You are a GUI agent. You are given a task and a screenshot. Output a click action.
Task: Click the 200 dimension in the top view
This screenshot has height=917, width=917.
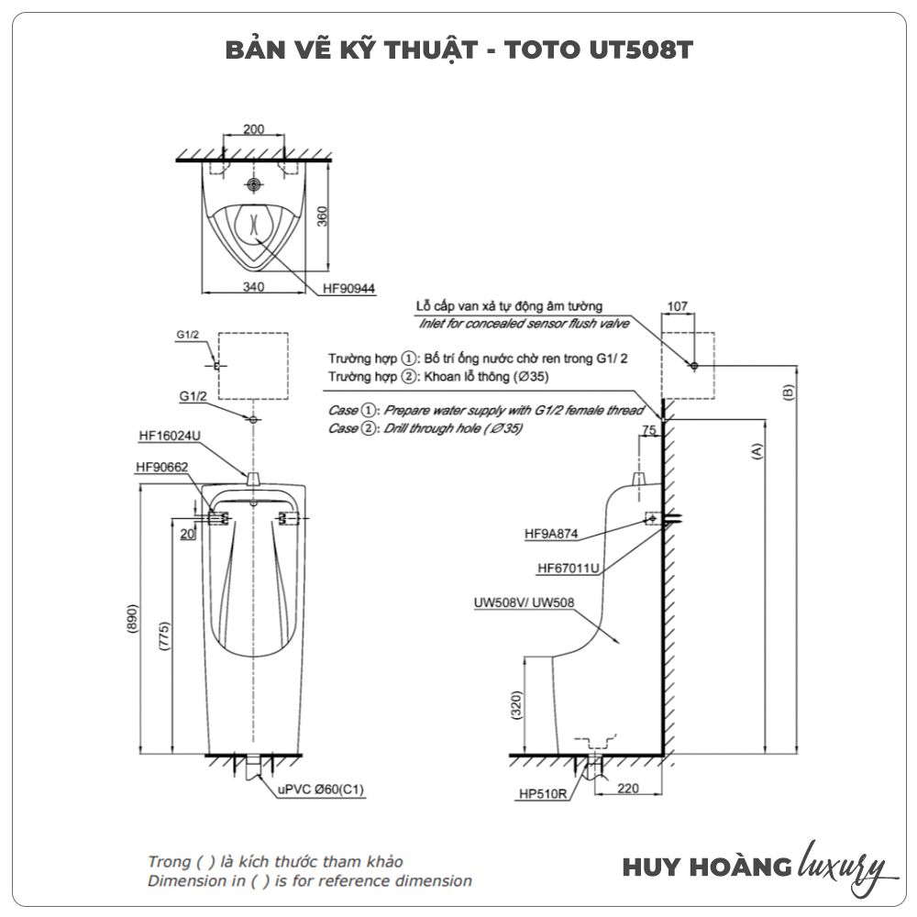(254, 129)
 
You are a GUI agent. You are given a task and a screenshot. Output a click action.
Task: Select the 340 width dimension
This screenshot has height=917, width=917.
(254, 287)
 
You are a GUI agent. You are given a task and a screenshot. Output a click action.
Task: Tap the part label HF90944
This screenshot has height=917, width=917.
(350, 288)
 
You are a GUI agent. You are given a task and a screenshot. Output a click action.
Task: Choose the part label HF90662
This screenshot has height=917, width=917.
(162, 467)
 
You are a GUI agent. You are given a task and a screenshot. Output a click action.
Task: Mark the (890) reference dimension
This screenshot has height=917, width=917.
(133, 621)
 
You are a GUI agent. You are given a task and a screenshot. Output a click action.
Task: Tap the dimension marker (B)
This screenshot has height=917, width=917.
(790, 391)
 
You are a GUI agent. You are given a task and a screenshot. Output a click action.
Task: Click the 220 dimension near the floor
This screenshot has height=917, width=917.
(628, 787)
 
